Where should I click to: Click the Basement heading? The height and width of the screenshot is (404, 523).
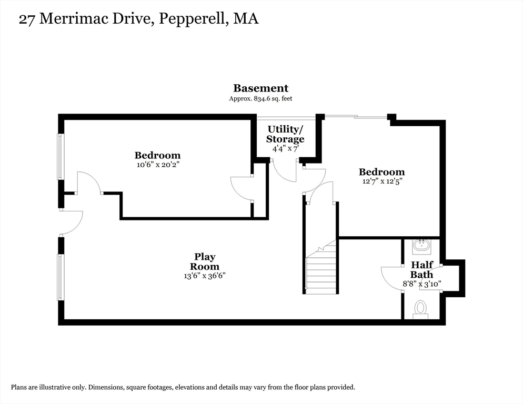point(260,88)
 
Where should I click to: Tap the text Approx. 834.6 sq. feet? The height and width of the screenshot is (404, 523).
point(260,98)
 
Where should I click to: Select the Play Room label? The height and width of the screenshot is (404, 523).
point(205,261)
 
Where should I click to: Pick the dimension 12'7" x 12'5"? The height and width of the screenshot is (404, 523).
point(382,181)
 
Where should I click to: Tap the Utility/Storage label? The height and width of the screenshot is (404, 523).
point(285,134)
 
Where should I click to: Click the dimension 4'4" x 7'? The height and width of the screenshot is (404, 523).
point(285,148)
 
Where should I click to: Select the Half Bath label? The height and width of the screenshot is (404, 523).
point(422,269)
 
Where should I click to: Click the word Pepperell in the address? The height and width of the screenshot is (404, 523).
point(192,19)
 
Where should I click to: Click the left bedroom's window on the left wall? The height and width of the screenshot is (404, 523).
point(61,156)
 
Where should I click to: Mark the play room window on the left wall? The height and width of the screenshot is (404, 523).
point(61,277)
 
